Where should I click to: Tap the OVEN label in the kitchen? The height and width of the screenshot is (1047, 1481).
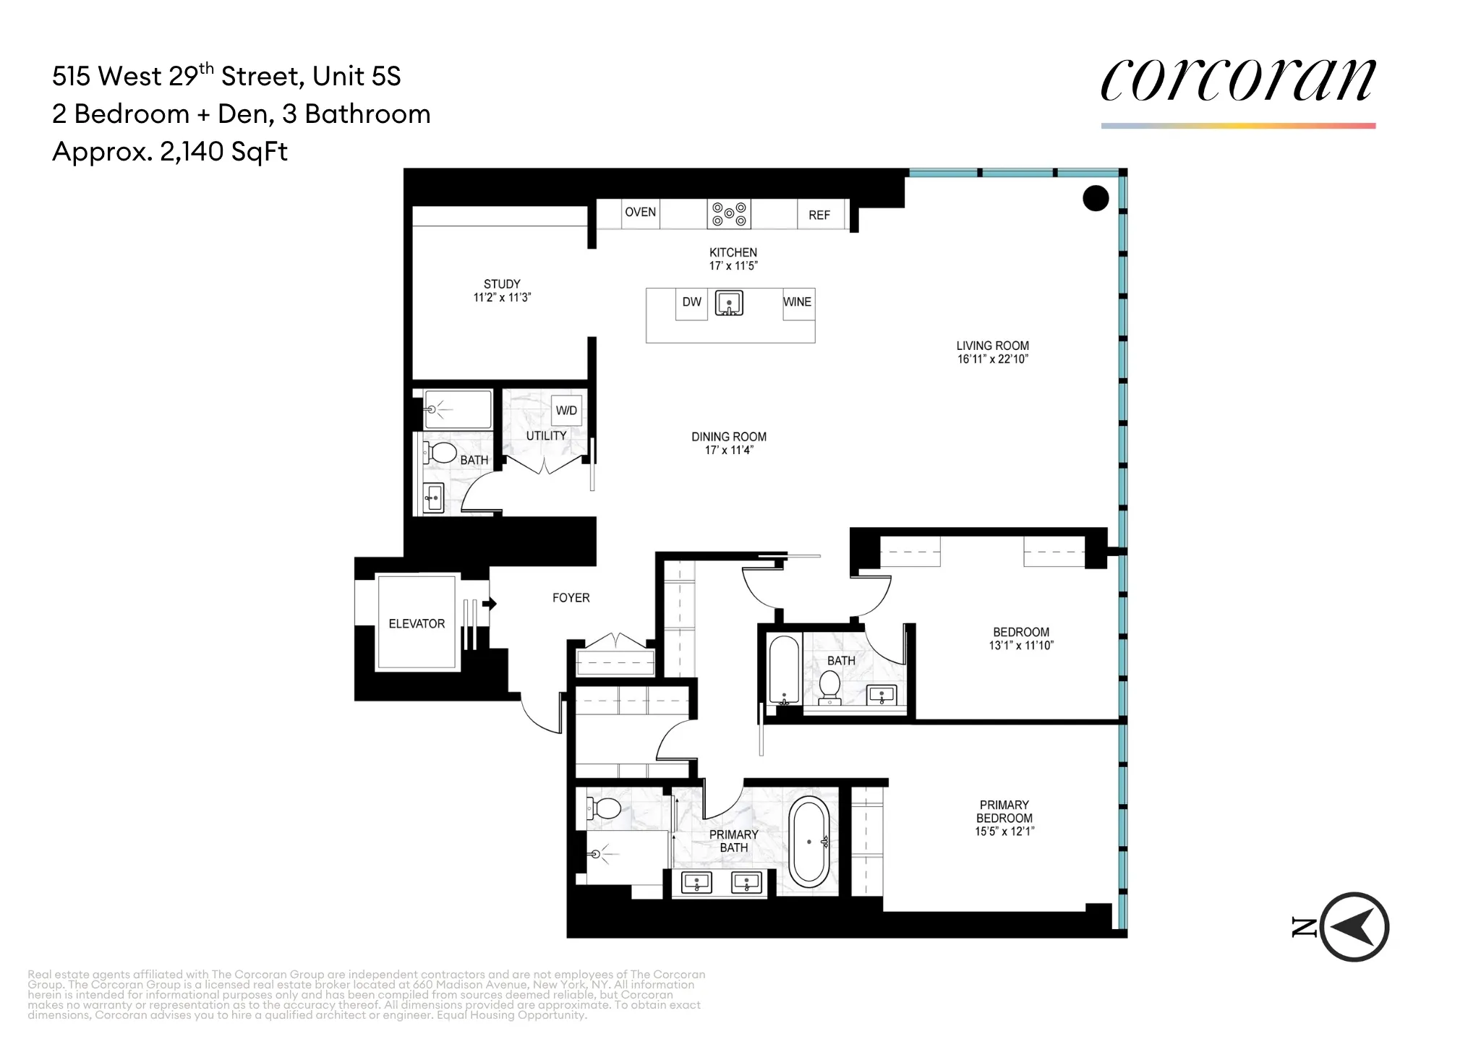point(640,212)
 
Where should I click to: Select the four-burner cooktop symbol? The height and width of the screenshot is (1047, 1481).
point(728,214)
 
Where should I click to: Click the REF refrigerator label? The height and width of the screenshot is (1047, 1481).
point(819,215)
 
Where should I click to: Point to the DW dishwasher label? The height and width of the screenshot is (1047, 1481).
point(691,302)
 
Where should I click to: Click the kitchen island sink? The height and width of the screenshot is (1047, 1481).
point(729,303)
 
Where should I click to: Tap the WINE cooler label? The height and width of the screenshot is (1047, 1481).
point(797,302)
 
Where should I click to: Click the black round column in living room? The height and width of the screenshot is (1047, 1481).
point(1095,197)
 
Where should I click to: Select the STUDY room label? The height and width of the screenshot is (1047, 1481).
point(502,284)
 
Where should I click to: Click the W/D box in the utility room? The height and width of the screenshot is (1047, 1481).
point(566,411)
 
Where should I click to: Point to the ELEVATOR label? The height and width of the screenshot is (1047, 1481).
point(417,623)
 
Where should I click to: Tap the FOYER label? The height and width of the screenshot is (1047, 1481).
point(571,598)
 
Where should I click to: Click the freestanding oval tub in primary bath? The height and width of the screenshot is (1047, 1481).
point(808,842)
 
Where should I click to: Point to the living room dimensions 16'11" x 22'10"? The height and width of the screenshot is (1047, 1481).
point(992,359)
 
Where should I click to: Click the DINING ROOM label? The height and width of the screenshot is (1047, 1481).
point(728,437)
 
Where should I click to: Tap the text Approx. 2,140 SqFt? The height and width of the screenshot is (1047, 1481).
point(170,152)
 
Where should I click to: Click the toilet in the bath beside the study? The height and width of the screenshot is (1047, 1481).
point(441,453)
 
